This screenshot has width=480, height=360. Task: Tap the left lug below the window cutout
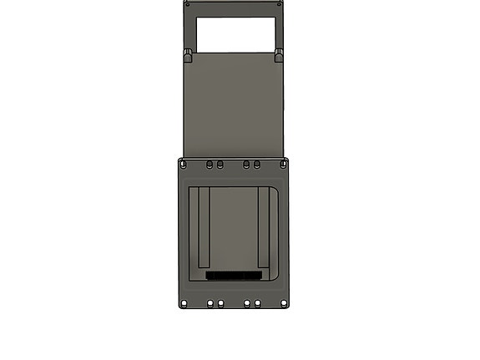188,56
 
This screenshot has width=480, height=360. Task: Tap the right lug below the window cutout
279,56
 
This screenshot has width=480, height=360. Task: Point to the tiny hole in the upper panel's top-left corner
187,4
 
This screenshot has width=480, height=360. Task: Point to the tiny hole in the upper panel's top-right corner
280,4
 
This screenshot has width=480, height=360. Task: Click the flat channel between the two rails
233,230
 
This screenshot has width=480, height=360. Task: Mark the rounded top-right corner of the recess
276,190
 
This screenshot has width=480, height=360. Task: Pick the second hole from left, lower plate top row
210,165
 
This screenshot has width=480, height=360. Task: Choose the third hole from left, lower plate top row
220,165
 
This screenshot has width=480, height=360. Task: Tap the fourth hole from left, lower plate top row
247,165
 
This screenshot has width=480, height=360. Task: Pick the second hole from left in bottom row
210,303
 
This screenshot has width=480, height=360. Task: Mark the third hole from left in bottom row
220,303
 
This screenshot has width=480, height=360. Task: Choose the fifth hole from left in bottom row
258,303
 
